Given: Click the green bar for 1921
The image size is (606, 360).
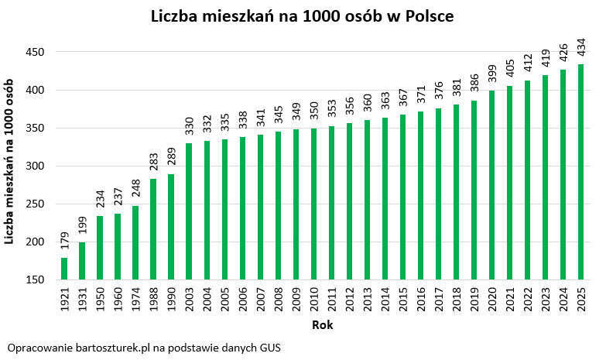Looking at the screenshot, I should [64, 269].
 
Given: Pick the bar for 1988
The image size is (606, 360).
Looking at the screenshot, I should [153, 229].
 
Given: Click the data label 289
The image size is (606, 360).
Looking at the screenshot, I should [171, 160].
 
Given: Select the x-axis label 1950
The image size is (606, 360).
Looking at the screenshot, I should [101, 300].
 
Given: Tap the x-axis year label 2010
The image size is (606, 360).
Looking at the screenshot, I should [313, 300].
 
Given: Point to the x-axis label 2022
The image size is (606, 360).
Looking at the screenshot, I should [527, 300].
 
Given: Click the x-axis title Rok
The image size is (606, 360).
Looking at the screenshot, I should [323, 326].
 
